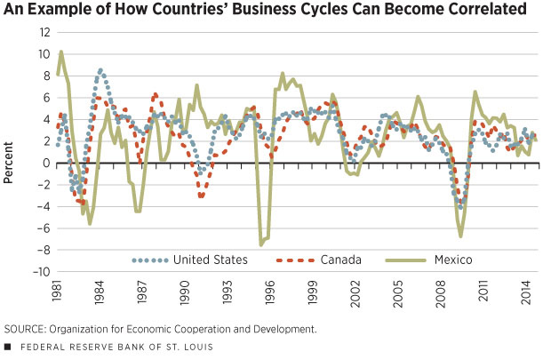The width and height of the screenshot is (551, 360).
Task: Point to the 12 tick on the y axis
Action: coord(37,32)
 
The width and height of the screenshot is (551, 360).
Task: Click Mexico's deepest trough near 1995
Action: coord(261,244)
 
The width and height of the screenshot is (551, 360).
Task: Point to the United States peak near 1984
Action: coord(100,69)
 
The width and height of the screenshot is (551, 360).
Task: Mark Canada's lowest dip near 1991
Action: coord(201,196)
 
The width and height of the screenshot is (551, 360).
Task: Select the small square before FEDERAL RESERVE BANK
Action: coord(8,346)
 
